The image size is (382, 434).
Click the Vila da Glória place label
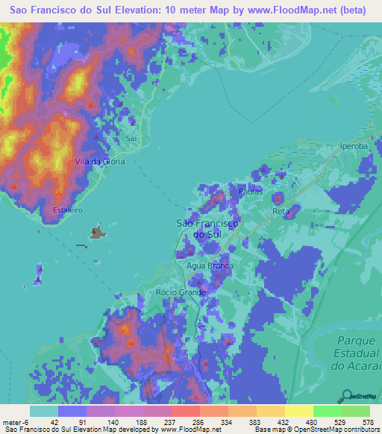[x=99, y=161]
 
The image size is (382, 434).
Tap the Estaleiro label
[x=67, y=210]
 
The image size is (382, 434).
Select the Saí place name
[x=132, y=138]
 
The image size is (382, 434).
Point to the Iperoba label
[x=354, y=146]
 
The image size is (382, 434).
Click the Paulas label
[x=251, y=192]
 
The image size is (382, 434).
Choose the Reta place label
[x=281, y=212]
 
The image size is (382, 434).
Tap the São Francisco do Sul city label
[x=206, y=229]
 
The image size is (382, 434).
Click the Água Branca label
[x=210, y=265]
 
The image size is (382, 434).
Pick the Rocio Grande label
[x=181, y=292]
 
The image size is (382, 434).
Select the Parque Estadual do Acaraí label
[x=352, y=353]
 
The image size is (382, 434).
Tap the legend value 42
[x=54, y=423]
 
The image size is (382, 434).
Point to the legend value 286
[x=198, y=423]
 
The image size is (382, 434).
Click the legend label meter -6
[x=15, y=423]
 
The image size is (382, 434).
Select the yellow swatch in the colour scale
[x=298, y=411]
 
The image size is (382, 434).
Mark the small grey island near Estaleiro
[x=98, y=233]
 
